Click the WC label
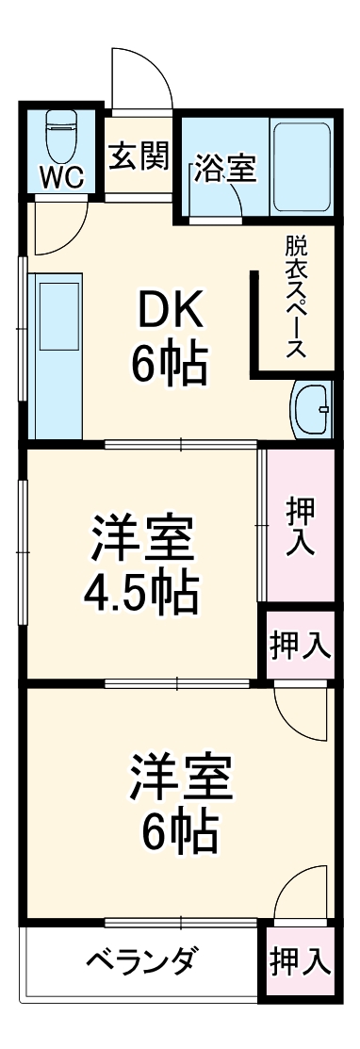tap(60, 176)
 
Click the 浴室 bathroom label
tap(225, 170)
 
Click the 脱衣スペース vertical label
tap(297, 298)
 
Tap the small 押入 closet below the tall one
tap(300, 646)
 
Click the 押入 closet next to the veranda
tap(300, 962)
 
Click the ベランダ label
tap(141, 962)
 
